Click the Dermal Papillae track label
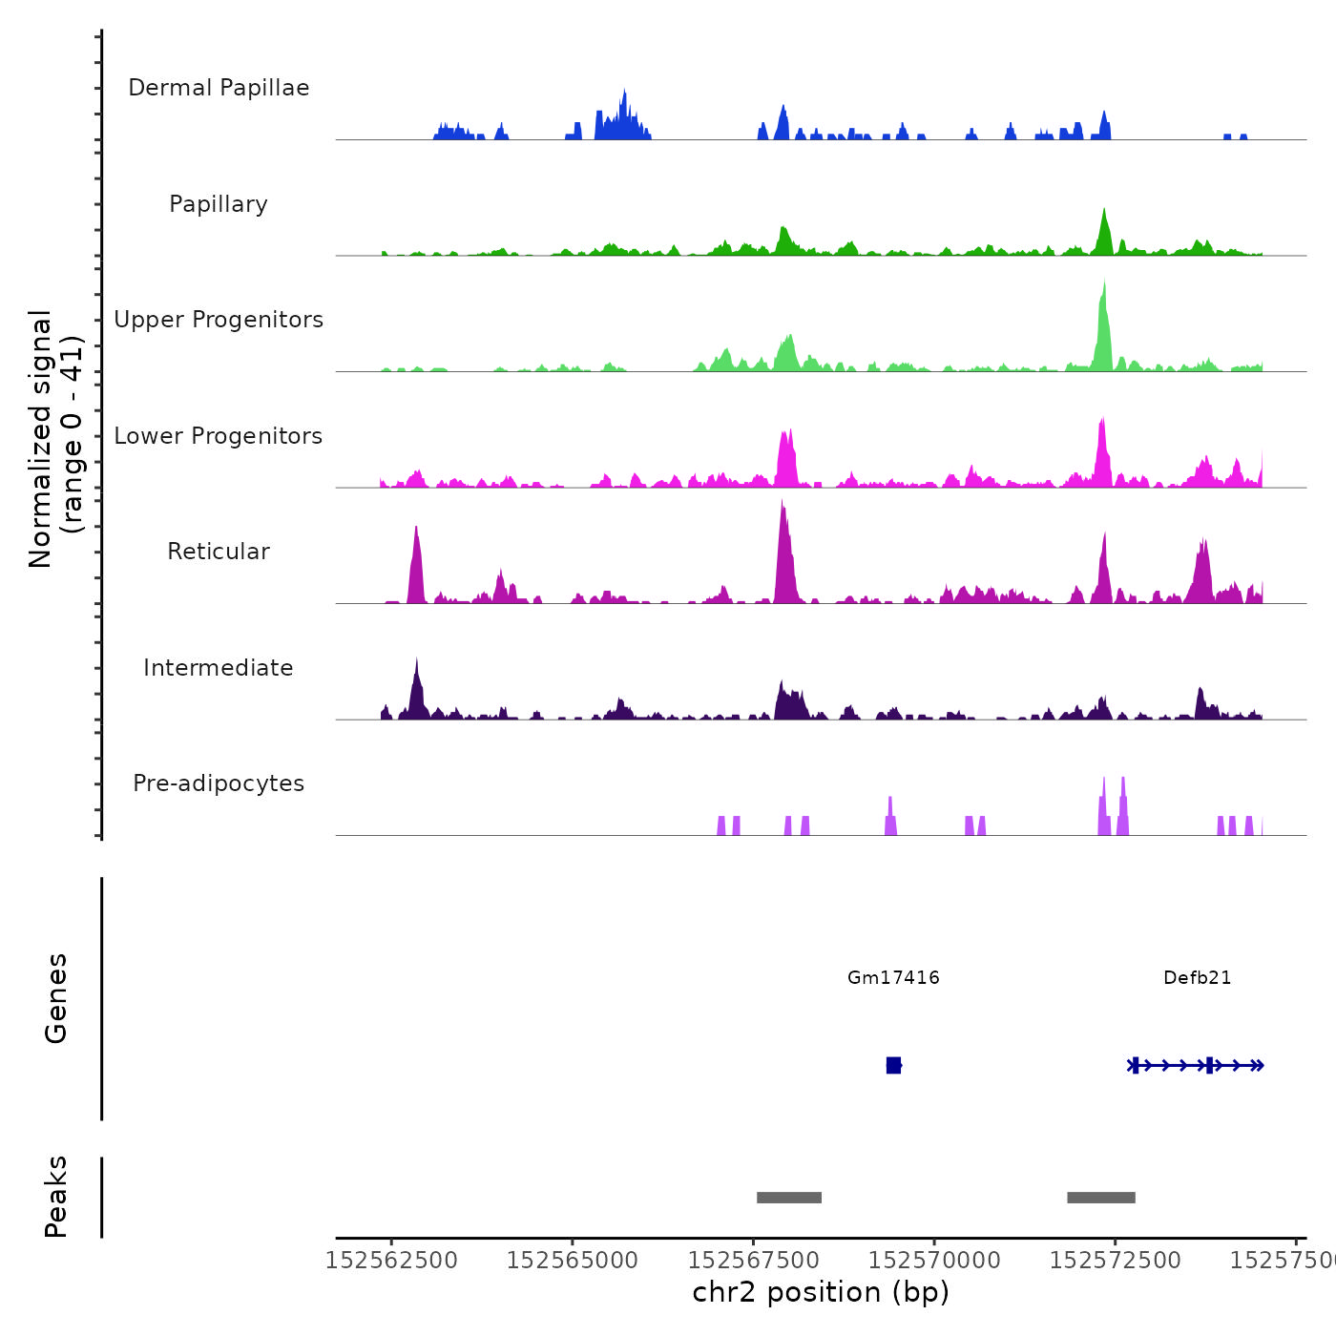click(x=219, y=88)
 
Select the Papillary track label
click(x=219, y=204)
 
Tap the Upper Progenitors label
click(x=219, y=320)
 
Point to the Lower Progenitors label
click(x=219, y=436)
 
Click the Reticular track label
click(x=219, y=552)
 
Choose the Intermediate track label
click(x=219, y=668)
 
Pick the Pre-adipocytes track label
click(x=219, y=783)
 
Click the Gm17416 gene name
click(x=893, y=978)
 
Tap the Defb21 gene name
click(x=1197, y=978)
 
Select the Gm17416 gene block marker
click(x=893, y=1065)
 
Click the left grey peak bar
click(x=789, y=1198)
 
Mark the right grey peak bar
click(x=1101, y=1198)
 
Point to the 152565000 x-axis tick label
click(x=573, y=1261)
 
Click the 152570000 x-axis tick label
click(x=934, y=1261)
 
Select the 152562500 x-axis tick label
click(x=391, y=1261)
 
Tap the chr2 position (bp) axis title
click(x=821, y=1292)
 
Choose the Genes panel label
click(x=56, y=998)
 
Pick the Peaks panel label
click(x=56, y=1197)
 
